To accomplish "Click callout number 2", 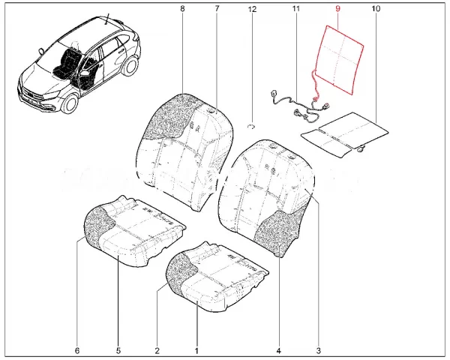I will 157,350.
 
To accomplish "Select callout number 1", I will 196,350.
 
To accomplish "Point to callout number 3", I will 318,350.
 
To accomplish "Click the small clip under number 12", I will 253,127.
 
